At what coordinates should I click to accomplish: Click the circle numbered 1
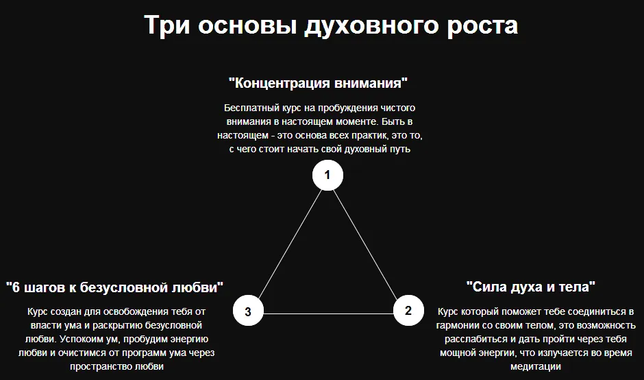pos(327,175)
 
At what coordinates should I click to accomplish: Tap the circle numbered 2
pos(408,310)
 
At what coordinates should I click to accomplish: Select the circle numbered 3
pos(248,311)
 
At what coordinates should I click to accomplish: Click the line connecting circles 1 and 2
pos(368,243)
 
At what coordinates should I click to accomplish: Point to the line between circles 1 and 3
pos(288,243)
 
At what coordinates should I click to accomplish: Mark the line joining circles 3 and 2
pos(328,313)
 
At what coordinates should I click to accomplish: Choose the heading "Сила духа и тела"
pos(530,285)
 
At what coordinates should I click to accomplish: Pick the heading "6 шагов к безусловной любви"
pos(114,286)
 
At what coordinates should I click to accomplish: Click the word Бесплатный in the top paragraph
pos(251,108)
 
